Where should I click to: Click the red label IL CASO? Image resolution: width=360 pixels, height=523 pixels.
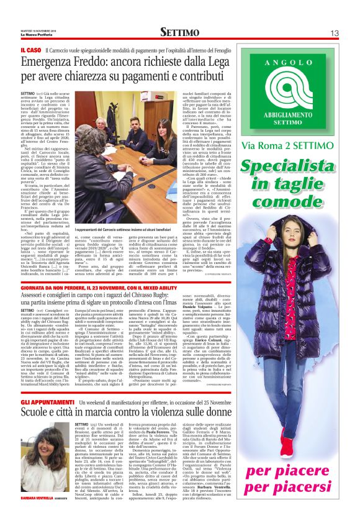click(x=30, y=49)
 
